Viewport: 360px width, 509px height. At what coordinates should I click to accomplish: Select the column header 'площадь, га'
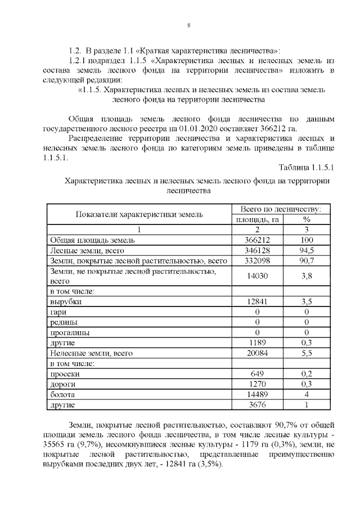pos(256,219)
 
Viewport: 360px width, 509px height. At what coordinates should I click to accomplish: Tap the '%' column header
pos(307,219)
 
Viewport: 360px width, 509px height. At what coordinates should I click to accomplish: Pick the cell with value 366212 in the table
pos(256,240)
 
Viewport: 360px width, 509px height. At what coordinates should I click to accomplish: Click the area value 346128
pos(256,250)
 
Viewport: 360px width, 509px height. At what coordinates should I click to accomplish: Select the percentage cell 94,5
pos(307,250)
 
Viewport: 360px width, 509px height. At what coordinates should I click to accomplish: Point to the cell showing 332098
pos(256,260)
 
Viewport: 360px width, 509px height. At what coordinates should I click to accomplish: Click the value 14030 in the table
pos(256,276)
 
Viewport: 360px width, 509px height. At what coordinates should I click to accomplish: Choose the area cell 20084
pos(256,353)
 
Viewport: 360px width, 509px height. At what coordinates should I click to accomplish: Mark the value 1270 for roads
pos(256,384)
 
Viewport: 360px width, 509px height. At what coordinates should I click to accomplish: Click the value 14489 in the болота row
pos(256,394)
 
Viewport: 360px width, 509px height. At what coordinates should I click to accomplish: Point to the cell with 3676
pos(256,404)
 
